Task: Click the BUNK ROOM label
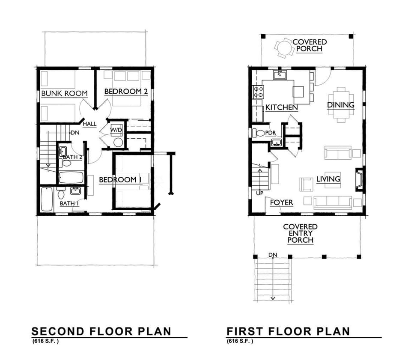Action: pyautogui.click(x=64, y=93)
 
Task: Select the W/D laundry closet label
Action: pyautogui.click(x=116, y=130)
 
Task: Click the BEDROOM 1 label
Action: pyautogui.click(x=120, y=180)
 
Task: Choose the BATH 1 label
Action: pyautogui.click(x=69, y=203)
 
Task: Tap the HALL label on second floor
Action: pyautogui.click(x=90, y=124)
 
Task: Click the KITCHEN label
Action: pyautogui.click(x=281, y=107)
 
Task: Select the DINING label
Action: pyautogui.click(x=341, y=105)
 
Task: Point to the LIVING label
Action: pyautogui.click(x=328, y=179)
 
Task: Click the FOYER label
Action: pyautogui.click(x=281, y=202)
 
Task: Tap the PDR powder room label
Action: pyautogui.click(x=270, y=133)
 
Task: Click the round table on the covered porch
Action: pyautogui.click(x=283, y=48)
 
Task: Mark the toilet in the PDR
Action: pyautogui.click(x=259, y=133)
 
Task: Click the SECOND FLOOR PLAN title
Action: pyautogui.click(x=101, y=331)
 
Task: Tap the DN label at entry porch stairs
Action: pyautogui.click(x=273, y=255)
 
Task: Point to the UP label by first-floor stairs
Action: pyautogui.click(x=260, y=193)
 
